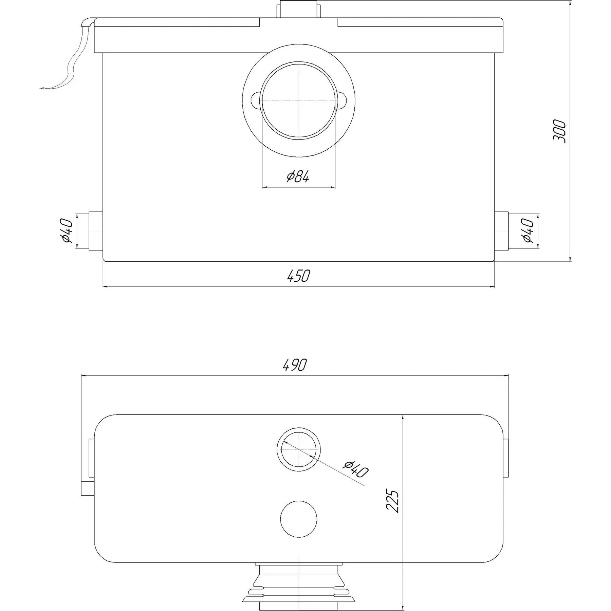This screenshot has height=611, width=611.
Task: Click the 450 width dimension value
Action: coord(298,276)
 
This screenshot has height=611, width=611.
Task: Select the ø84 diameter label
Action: coord(298,177)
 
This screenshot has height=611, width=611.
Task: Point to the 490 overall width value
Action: coord(294,365)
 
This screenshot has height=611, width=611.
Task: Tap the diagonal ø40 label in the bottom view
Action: coord(356,469)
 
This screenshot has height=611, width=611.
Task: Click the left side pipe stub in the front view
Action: coord(96,231)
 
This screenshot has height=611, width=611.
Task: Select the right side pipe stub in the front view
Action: coord(501,231)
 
